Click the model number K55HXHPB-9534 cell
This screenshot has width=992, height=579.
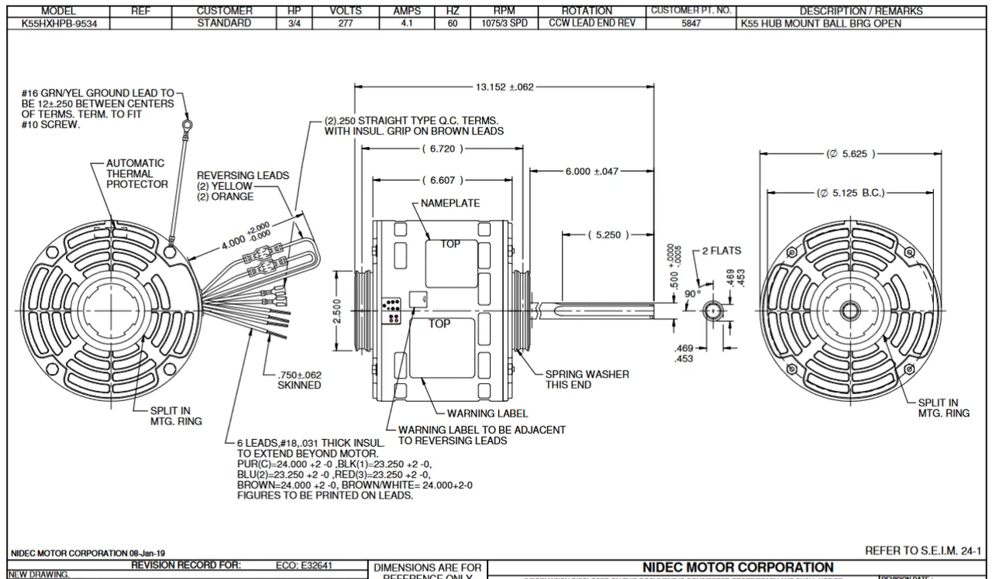pyautogui.click(x=58, y=23)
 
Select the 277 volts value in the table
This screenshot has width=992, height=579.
pyautogui.click(x=341, y=23)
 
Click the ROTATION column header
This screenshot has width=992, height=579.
pyautogui.click(x=587, y=11)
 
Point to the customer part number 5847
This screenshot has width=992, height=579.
pyautogui.click(x=691, y=23)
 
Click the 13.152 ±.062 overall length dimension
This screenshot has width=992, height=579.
pyautogui.click(x=505, y=87)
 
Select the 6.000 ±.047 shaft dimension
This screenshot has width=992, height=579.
pyautogui.click(x=592, y=171)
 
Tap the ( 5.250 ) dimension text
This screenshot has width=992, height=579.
pyautogui.click(x=606, y=235)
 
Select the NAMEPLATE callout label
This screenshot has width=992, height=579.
pyautogui.click(x=450, y=204)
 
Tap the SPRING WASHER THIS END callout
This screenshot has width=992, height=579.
pyautogui.click(x=587, y=379)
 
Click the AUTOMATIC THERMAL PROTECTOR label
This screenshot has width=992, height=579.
pyautogui.click(x=136, y=173)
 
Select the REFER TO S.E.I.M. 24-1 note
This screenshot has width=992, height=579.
pyautogui.click(x=922, y=550)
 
